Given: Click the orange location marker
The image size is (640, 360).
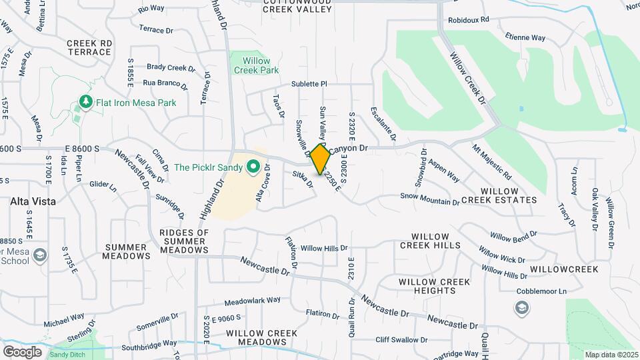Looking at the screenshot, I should pyautogui.click(x=321, y=159).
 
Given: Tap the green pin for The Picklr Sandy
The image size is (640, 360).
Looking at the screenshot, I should pyautogui.click(x=252, y=167).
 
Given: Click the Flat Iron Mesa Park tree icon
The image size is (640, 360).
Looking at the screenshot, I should pyautogui.click(x=85, y=102).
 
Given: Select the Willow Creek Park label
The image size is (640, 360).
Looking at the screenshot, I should pyautogui.click(x=251, y=65).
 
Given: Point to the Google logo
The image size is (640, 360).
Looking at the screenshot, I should pyautogui.click(x=22, y=351).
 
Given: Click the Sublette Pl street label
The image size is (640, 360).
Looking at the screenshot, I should pyautogui.click(x=309, y=84).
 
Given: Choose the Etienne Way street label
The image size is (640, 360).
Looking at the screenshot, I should pyautogui.click(x=525, y=38).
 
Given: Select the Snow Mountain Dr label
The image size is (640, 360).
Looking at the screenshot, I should pyautogui.click(x=430, y=197).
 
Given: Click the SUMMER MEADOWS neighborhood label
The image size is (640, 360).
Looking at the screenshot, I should pyautogui.click(x=127, y=251).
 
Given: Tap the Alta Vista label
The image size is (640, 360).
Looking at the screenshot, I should pyautogui.click(x=33, y=201).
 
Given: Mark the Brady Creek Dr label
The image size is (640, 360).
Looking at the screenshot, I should pyautogui.click(x=171, y=67).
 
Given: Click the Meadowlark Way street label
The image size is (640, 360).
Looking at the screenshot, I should pyautogui.click(x=253, y=301).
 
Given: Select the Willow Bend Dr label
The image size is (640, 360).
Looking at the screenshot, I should pyautogui.click(x=513, y=236).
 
